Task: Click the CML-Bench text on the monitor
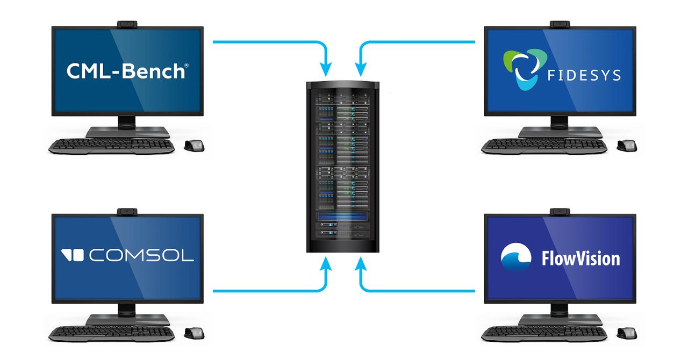click(127, 71)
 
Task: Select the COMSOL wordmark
click(141, 256)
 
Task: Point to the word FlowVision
click(580, 258)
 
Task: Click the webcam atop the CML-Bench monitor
click(127, 24)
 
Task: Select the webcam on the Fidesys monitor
click(560, 24)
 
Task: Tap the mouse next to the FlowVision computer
click(627, 333)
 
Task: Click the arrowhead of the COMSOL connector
click(326, 263)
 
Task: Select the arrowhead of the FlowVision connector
click(361, 263)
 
